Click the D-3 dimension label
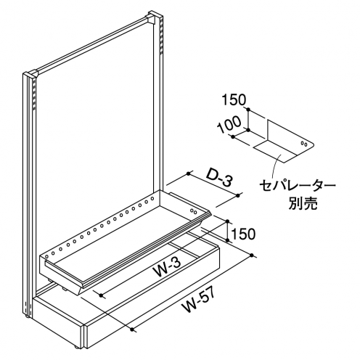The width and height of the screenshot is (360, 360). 220,180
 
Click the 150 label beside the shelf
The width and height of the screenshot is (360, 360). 243,234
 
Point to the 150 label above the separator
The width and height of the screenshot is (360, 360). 234,99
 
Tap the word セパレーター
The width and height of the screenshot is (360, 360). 298,187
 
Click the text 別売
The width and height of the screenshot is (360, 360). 303,203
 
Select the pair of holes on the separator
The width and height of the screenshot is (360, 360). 304,144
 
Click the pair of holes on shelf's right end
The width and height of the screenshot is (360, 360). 194,211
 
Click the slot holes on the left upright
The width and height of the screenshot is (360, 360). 34,94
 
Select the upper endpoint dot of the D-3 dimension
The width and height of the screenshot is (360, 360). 189,173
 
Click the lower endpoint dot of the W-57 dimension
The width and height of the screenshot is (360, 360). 132,330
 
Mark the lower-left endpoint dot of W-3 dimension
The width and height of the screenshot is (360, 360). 102,295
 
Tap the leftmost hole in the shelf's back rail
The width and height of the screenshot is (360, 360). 46,253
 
